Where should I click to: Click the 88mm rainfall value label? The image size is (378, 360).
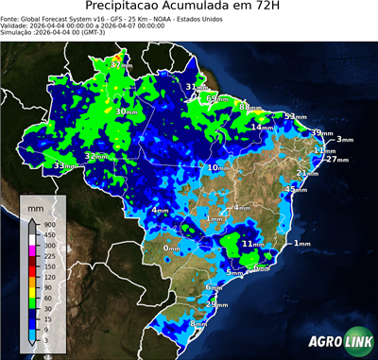249,108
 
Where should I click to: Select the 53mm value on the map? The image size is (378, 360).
294,116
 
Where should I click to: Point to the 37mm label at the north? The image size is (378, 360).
119,65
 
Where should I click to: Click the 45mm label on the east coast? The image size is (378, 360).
296,190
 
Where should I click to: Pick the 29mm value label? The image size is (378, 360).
217,304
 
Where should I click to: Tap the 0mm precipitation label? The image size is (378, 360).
172,249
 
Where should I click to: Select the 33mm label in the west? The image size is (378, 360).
64,165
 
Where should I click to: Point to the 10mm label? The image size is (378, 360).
218,167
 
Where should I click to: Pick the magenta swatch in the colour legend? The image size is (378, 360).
30,245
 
